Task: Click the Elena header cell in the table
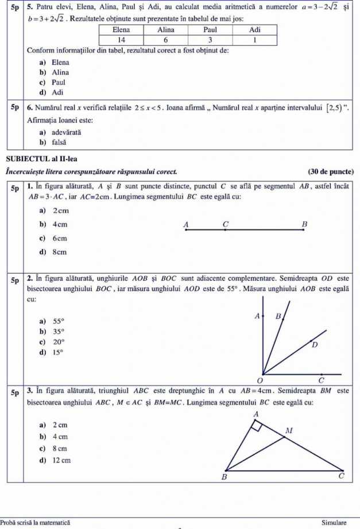121,29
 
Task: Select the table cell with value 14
121,39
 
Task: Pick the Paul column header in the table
210,29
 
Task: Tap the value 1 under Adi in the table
255,39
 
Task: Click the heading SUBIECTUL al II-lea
40,159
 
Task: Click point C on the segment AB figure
225,230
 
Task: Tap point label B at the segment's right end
304,223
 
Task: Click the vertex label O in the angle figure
260,380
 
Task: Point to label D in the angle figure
314,345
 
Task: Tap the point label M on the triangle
289,430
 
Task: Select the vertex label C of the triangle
341,476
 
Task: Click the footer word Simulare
334,523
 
